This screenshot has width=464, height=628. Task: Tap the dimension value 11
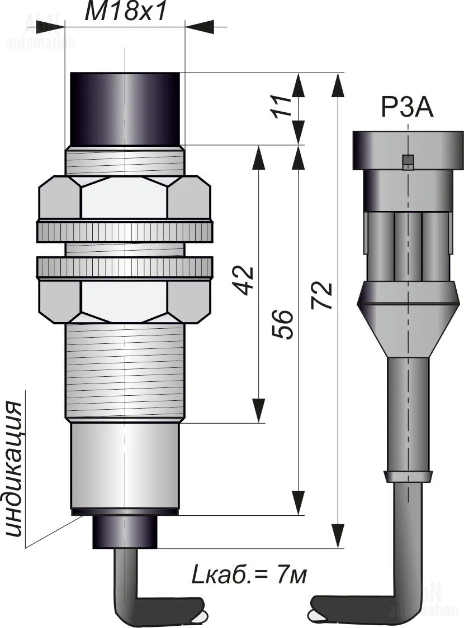click(x=284, y=106)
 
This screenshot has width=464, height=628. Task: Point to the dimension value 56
click(x=283, y=324)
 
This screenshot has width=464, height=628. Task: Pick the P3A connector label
click(x=407, y=108)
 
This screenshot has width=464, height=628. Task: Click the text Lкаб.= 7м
click(x=249, y=574)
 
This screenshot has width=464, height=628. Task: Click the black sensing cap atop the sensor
click(x=125, y=108)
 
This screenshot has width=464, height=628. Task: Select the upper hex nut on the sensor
click(x=125, y=198)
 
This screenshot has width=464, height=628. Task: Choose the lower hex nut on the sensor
click(x=125, y=301)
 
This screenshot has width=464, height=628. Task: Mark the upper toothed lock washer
click(x=125, y=232)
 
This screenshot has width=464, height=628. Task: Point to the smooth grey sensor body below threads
click(x=125, y=466)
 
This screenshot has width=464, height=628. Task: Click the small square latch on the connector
click(x=408, y=161)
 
